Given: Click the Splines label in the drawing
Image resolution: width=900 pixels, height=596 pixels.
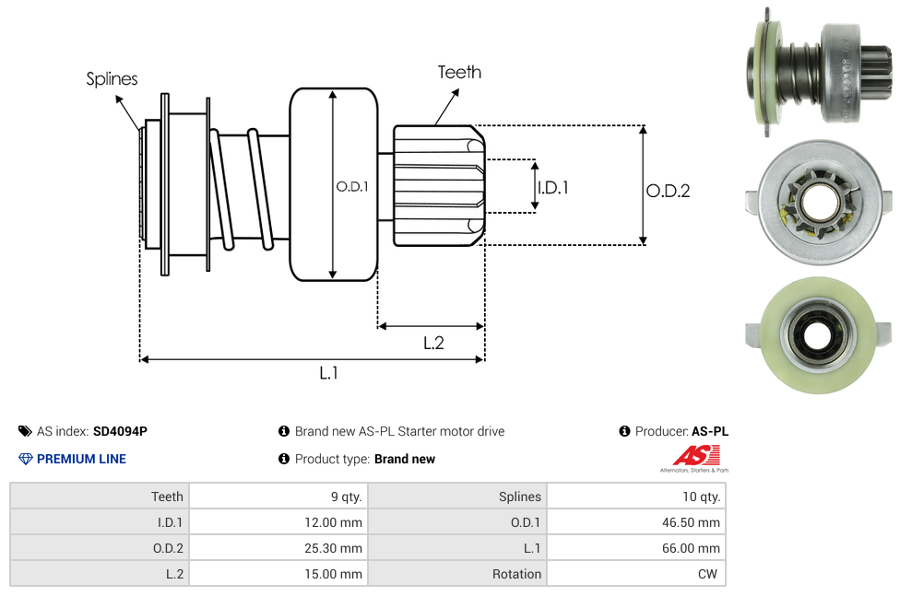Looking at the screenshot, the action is [112, 78].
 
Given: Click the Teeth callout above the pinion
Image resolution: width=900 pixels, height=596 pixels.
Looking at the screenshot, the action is [459, 72].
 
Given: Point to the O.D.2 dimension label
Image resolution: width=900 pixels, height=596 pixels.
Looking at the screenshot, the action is [669, 191].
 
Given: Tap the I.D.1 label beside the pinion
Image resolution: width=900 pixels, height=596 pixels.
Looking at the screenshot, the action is [552, 188].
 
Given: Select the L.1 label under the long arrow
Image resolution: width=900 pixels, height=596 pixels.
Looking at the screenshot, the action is [329, 373].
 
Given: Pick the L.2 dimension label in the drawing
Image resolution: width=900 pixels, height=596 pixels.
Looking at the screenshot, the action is [434, 343].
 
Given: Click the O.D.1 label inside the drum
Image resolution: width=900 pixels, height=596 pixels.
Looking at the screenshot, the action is [352, 186].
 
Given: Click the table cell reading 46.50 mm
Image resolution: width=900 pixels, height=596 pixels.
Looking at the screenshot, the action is [636, 522].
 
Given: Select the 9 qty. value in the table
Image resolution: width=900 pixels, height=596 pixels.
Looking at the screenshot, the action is [278, 497].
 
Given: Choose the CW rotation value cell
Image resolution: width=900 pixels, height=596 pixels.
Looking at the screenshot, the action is [636, 574].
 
